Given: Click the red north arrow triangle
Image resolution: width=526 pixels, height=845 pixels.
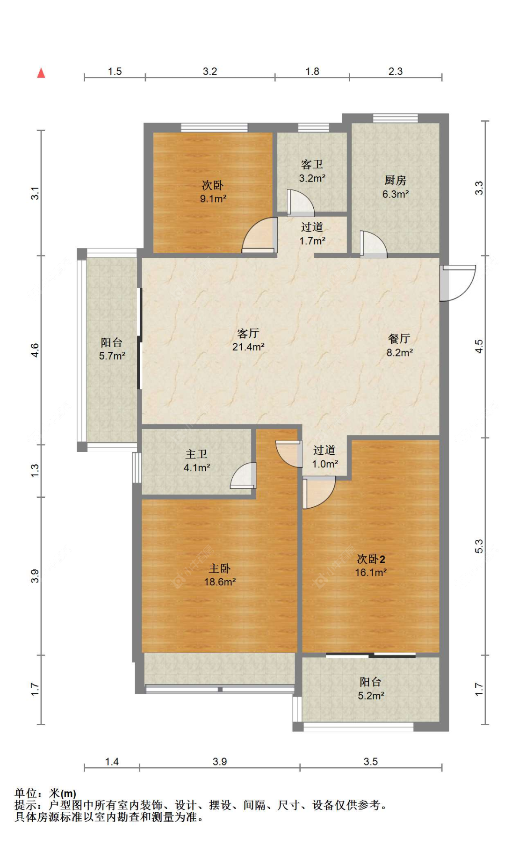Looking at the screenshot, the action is click(x=41, y=73).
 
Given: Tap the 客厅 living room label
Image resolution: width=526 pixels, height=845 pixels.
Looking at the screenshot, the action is click(x=248, y=333).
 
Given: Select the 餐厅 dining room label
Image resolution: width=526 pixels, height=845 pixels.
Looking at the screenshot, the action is click(x=399, y=339).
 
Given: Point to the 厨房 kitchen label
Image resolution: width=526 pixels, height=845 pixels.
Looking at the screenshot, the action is click(x=395, y=180).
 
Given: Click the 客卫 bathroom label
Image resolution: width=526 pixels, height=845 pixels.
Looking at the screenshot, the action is click(x=312, y=164).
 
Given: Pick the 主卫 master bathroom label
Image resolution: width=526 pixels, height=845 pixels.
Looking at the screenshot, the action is click(x=196, y=454).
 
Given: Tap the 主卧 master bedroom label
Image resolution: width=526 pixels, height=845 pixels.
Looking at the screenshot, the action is click(x=219, y=568).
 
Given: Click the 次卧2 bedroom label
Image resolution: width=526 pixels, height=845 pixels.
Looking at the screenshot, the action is click(x=371, y=559).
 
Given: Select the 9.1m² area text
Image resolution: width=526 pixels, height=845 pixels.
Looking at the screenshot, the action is click(x=213, y=199).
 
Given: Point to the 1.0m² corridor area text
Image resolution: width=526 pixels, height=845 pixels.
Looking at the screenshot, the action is click(x=325, y=464).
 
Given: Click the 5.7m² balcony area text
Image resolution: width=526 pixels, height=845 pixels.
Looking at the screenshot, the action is click(x=112, y=356).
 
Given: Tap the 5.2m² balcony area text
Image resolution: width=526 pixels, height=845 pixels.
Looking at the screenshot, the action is click(x=371, y=696).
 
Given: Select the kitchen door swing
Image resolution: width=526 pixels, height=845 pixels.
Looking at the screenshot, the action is click(x=373, y=244).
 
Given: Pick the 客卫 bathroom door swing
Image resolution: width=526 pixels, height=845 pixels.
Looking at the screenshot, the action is click(x=301, y=203).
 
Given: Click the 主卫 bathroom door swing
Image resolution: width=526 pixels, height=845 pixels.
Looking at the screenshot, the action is click(x=243, y=475).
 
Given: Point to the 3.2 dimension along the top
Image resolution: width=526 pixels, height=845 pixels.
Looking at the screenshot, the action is click(x=210, y=71).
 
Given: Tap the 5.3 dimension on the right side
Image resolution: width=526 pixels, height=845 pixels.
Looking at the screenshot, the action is click(x=479, y=546).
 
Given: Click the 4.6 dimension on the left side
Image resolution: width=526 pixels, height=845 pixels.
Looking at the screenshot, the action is click(x=35, y=350).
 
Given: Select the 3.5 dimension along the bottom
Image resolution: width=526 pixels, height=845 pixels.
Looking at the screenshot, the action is click(x=370, y=762).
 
